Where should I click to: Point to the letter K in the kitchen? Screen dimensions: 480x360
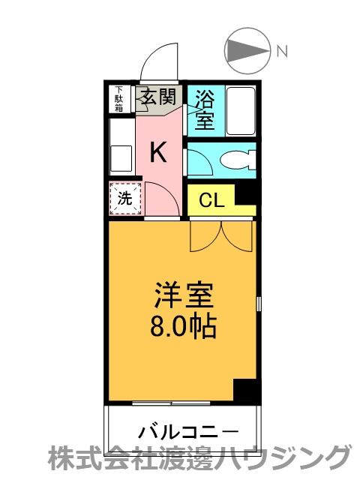(157, 152)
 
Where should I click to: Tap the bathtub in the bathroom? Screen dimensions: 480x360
(239, 109)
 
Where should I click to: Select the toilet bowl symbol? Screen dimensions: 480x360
(238, 160)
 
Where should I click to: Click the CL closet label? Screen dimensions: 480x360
(211, 200)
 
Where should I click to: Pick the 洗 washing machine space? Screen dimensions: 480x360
(124, 199)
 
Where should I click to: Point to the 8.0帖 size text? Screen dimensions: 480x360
(184, 326)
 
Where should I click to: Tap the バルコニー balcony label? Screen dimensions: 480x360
(188, 432)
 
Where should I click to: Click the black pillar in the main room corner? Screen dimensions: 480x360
(244, 390)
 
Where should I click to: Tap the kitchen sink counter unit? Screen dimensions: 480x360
(121, 145)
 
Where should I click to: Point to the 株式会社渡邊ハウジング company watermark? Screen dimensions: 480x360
(199, 458)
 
